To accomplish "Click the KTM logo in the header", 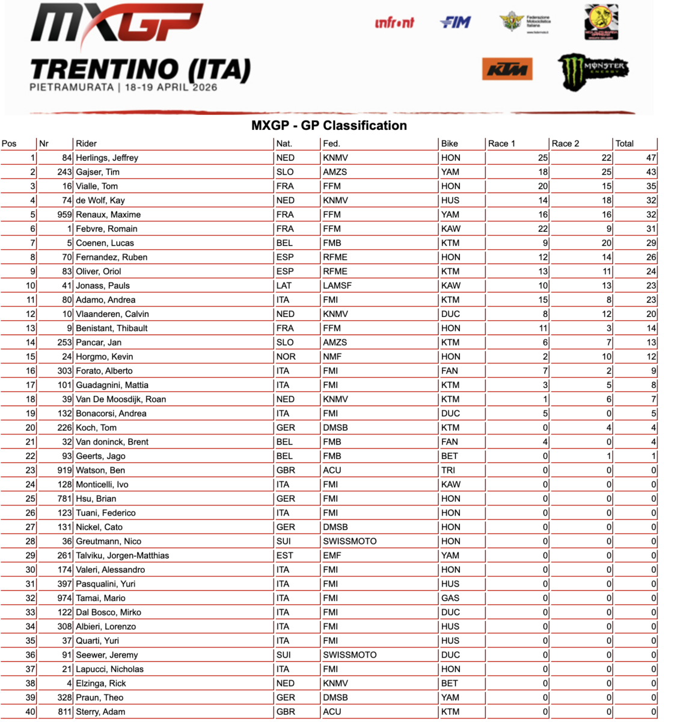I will (x=507, y=69).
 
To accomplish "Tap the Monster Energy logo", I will (x=592, y=71).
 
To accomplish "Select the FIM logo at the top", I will (x=456, y=22).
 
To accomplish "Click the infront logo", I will (x=394, y=23).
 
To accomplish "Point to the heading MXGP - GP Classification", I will (x=329, y=126).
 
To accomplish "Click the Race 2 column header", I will (x=565, y=144).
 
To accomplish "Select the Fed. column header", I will (x=331, y=144).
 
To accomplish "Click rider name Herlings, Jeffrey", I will (x=107, y=158).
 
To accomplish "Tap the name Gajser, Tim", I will (x=97, y=172).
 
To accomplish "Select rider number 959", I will (x=64, y=215).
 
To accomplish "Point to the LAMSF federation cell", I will (x=337, y=286).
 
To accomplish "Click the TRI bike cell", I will (x=448, y=471).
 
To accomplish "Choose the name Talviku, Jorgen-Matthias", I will (x=122, y=555).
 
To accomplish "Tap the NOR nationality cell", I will (x=286, y=357).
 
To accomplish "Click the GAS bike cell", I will (x=450, y=598).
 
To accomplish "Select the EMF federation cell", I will (x=332, y=555).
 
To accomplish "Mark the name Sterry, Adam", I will (x=100, y=712).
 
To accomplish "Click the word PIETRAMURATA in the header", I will (x=72, y=87).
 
